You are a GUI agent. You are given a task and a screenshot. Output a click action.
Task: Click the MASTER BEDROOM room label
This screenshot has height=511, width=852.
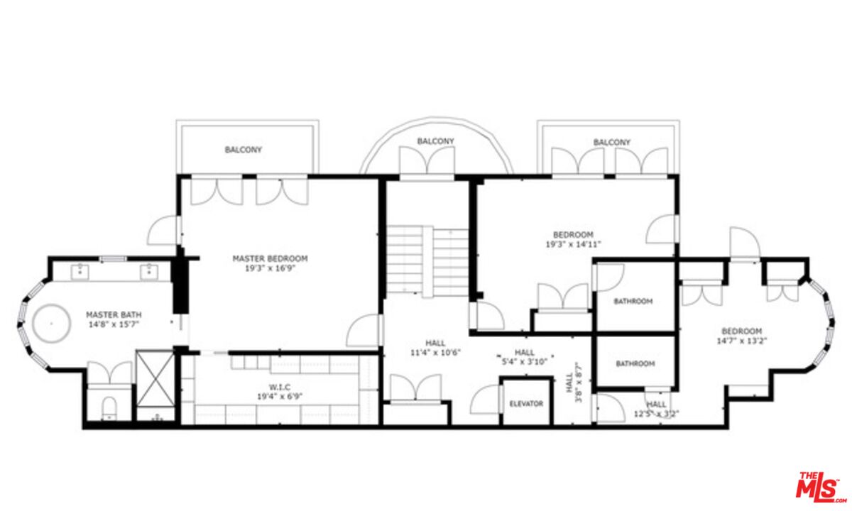pos(270,258)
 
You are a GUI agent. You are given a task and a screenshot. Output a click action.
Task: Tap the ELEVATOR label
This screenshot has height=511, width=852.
pos(526,404)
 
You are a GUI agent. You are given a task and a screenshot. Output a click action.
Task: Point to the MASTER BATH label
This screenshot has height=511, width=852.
pos(114,314)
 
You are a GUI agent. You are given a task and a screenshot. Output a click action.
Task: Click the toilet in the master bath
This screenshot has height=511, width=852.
pos(109,408)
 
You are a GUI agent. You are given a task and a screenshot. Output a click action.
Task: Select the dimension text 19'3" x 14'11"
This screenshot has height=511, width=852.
pos(573,244)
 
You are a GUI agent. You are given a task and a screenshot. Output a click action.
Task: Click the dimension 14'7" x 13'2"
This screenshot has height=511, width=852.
pos(741,341)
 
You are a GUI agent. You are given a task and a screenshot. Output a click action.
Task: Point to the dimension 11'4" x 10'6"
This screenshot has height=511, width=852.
pos(435,353)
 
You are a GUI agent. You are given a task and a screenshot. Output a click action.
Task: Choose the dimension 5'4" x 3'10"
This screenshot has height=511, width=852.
pos(525,362)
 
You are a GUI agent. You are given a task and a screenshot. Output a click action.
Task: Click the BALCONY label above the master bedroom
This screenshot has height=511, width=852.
pos(244,150)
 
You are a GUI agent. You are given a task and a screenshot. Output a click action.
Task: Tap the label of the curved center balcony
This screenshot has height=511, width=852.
pos(435,141)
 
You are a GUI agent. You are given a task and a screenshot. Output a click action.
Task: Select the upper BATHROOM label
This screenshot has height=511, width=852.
pos(633,302)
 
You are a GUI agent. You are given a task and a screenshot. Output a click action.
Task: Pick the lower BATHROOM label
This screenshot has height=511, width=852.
pos(635,364)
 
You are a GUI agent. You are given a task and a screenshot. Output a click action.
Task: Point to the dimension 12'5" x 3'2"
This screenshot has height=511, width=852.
pos(656,414)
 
